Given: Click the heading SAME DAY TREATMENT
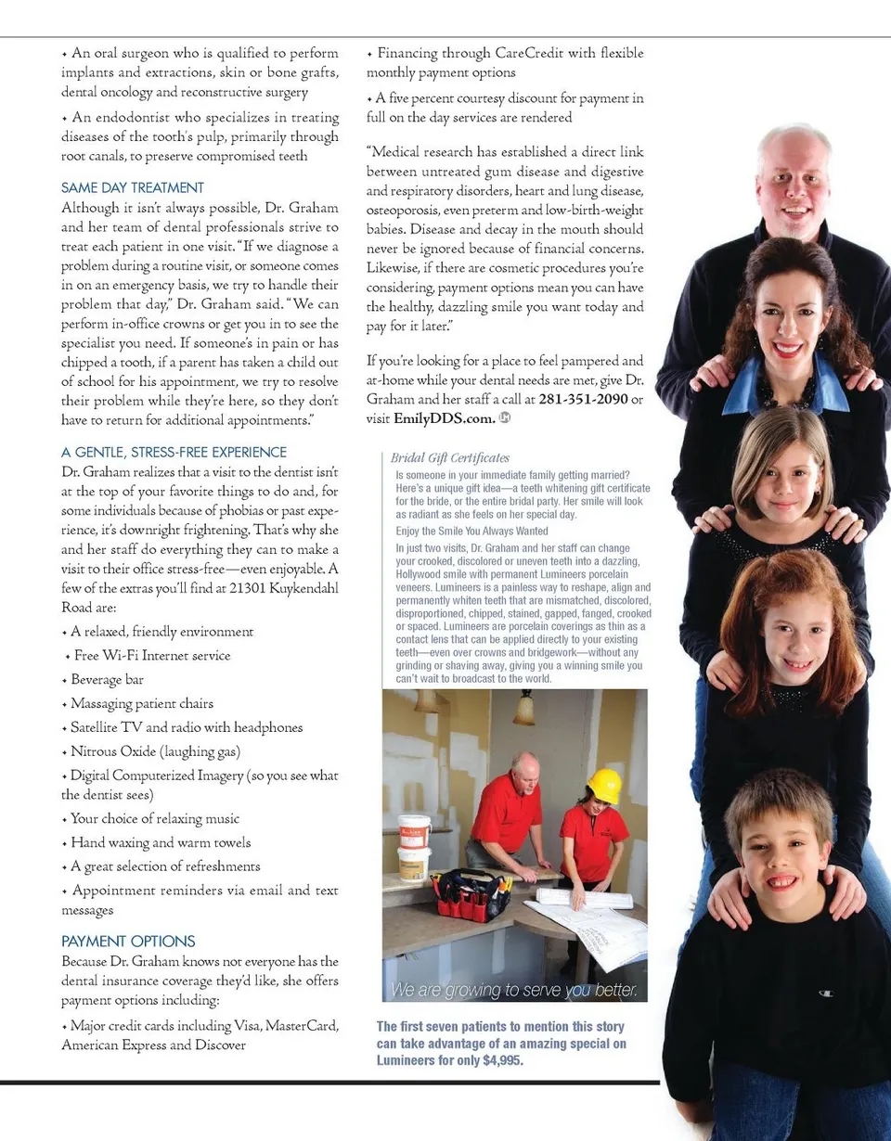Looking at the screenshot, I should point(132,187).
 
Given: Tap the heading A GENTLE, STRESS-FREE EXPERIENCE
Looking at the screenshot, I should point(174,452).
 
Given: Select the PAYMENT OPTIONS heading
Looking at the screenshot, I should point(128,941).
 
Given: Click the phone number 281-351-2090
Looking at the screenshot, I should point(582,399).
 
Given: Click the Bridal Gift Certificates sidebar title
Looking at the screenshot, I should point(449,457).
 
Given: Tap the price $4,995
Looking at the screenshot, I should point(503,1061).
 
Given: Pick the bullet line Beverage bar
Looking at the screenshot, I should point(107,680).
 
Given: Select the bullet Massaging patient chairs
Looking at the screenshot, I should point(141,704).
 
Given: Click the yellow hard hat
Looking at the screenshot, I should point(604,785).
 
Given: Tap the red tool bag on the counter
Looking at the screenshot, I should point(471,895).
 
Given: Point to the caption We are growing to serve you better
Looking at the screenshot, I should point(514,990).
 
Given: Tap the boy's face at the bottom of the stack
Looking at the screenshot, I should point(781,853).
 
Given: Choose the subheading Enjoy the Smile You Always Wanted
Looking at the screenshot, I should point(471,532).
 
